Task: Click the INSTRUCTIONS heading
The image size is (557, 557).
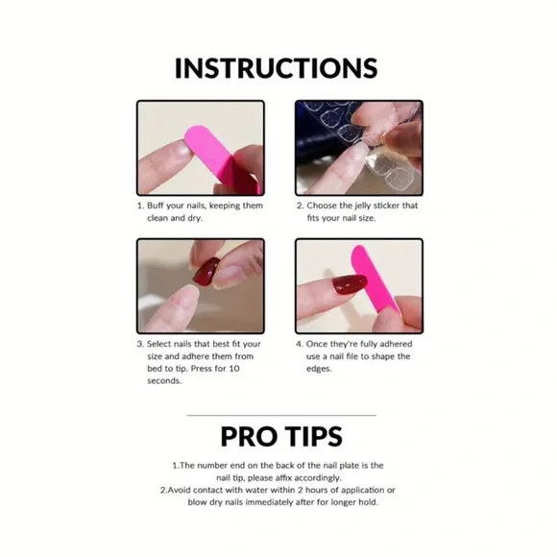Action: pos(277,68)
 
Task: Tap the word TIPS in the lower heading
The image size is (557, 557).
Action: pos(315,436)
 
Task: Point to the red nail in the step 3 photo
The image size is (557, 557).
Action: pos(206,273)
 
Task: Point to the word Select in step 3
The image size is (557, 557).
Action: pos(162,344)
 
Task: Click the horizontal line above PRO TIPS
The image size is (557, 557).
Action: pos(279,415)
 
